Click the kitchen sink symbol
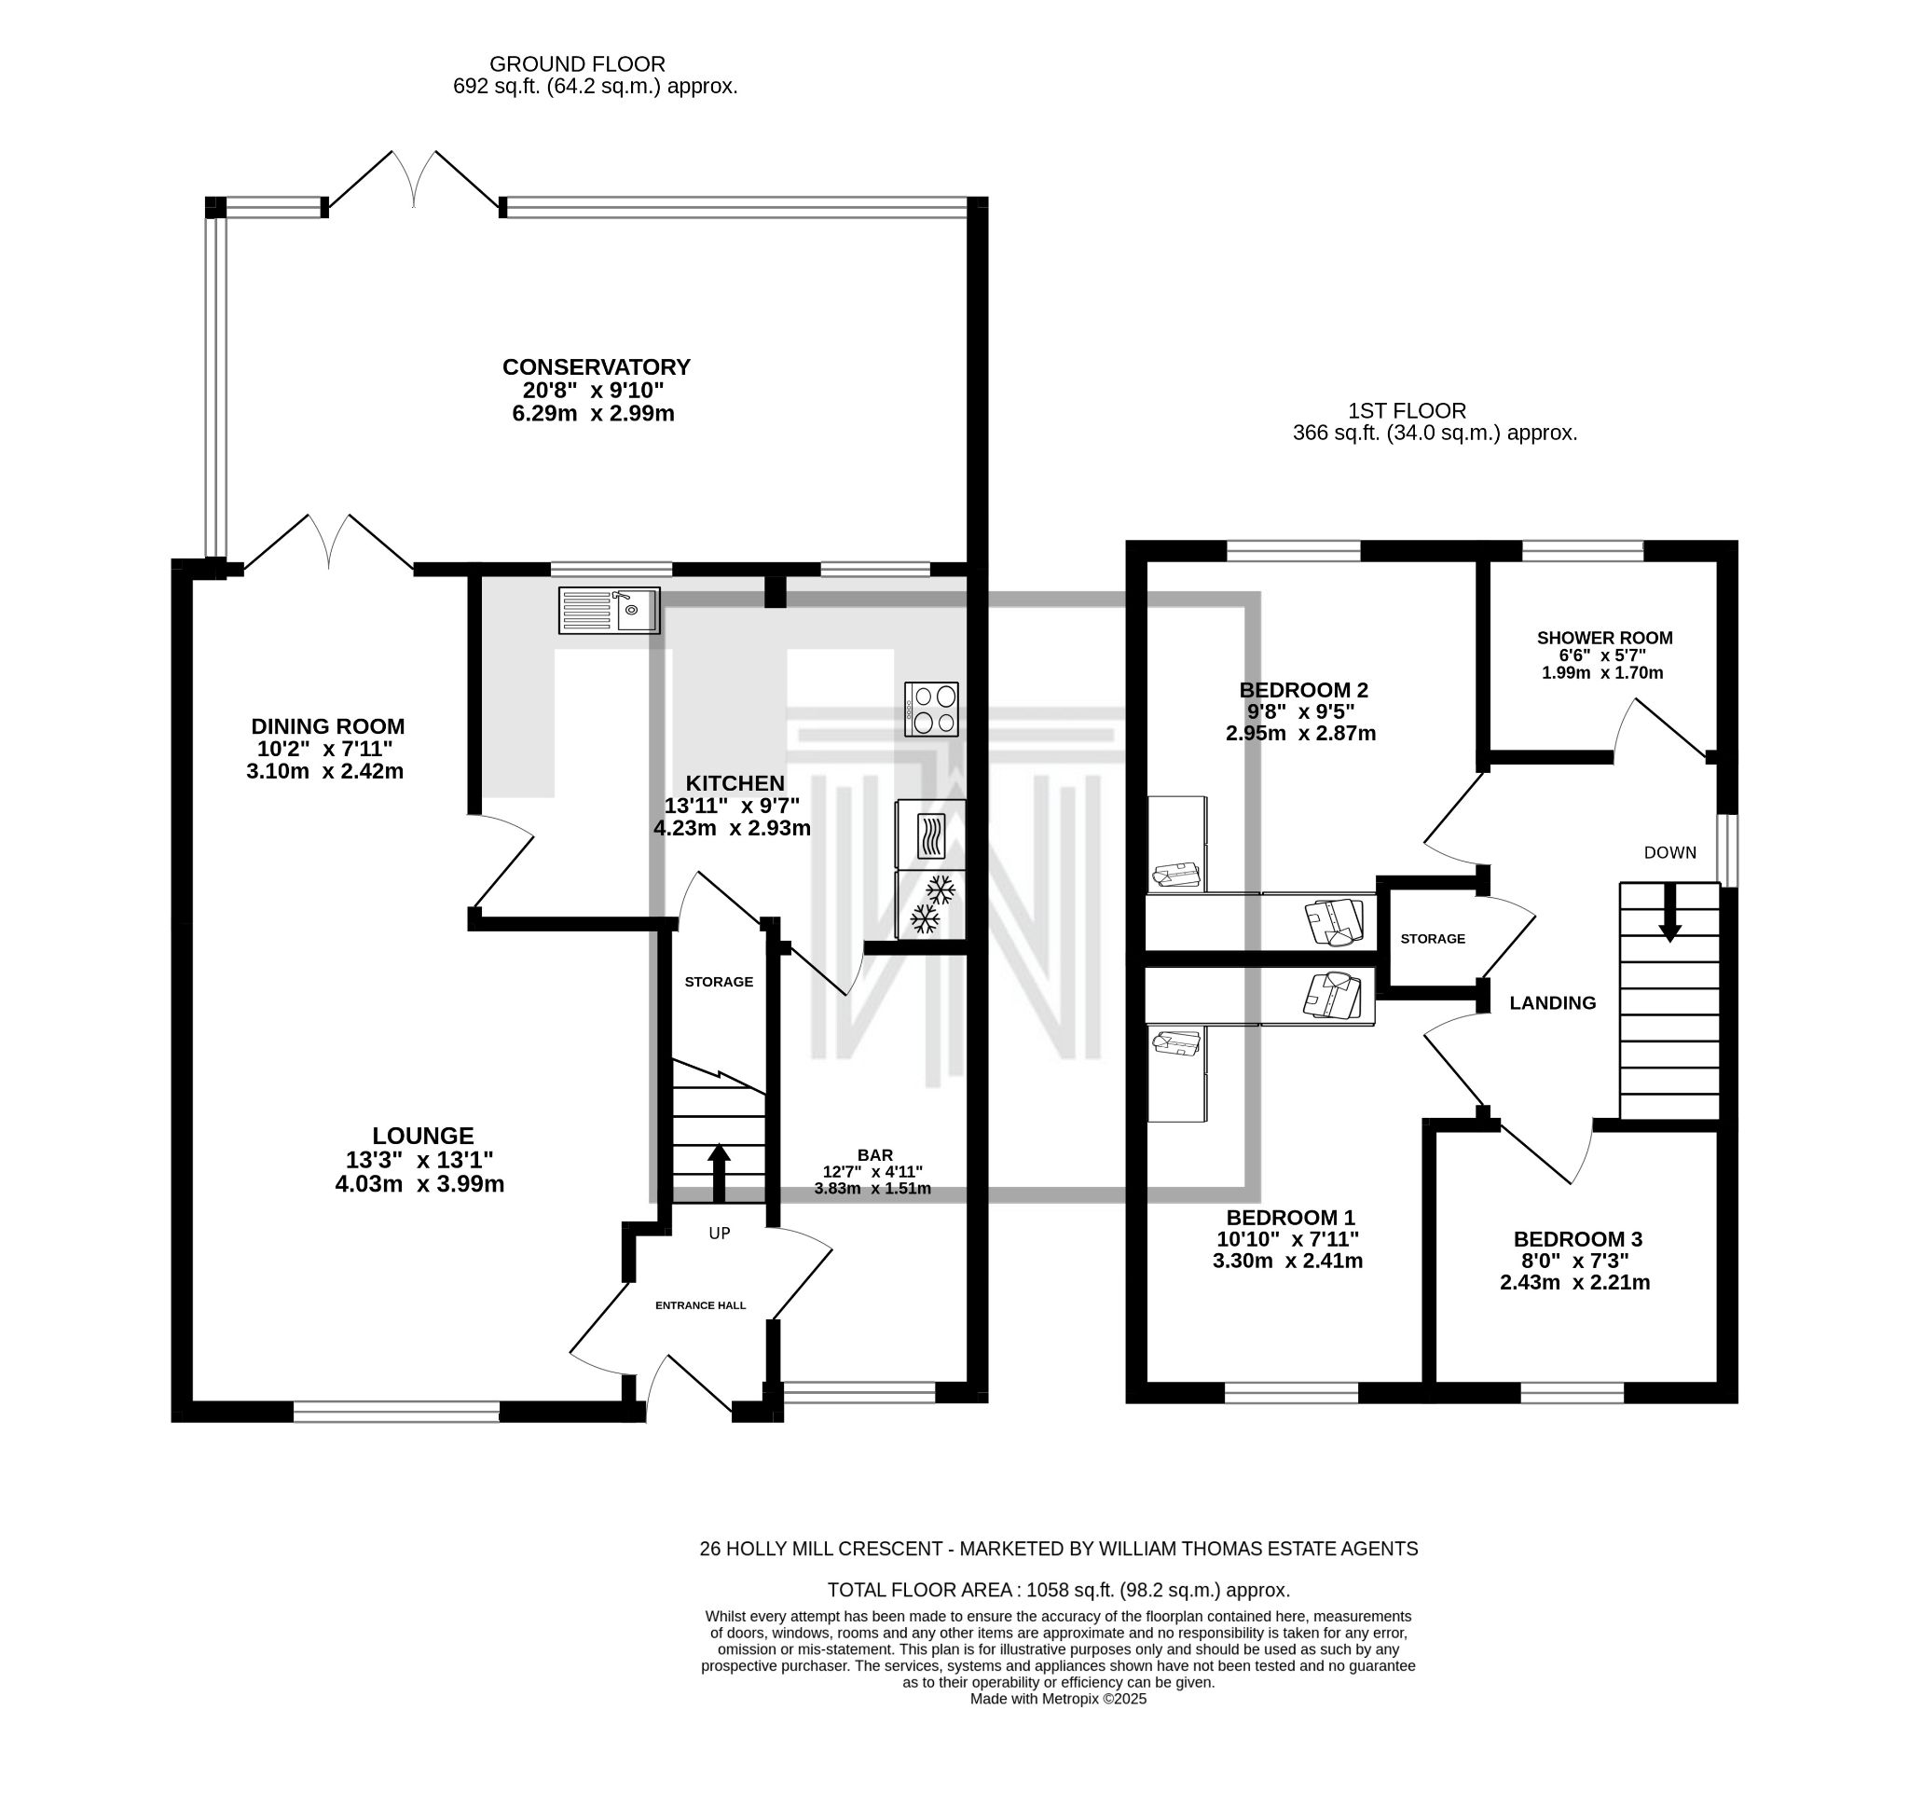[x=609, y=611]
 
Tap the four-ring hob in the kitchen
[x=930, y=710]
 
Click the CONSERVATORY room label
[x=597, y=366]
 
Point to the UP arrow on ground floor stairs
[x=720, y=1173]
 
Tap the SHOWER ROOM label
[x=1604, y=638]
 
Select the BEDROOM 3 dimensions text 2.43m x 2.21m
[x=1574, y=1282]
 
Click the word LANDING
[x=1553, y=1003]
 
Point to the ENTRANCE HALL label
[x=700, y=1305]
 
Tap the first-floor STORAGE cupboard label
[x=1433, y=938]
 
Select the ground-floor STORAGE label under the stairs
[x=719, y=982]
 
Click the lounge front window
[x=395, y=1411]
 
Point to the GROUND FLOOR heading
[x=577, y=64]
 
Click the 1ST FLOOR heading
[x=1407, y=411]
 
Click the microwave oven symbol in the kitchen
[x=930, y=834]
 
